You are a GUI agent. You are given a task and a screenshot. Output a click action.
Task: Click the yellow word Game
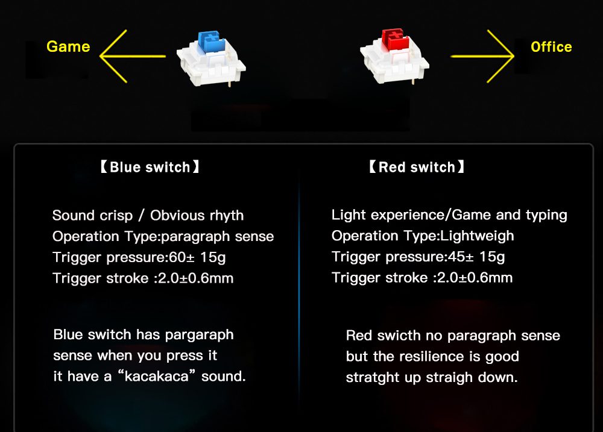68,47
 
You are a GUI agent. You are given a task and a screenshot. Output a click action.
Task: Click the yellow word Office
551,47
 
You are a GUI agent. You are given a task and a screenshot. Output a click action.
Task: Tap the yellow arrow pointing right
482,56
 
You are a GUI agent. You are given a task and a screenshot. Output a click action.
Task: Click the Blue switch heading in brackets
150,167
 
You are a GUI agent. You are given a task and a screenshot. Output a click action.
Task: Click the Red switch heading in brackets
417,167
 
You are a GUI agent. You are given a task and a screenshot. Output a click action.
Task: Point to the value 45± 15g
476,257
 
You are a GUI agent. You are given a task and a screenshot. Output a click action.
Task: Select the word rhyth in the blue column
226,216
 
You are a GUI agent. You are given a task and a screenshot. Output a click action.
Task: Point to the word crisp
116,216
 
